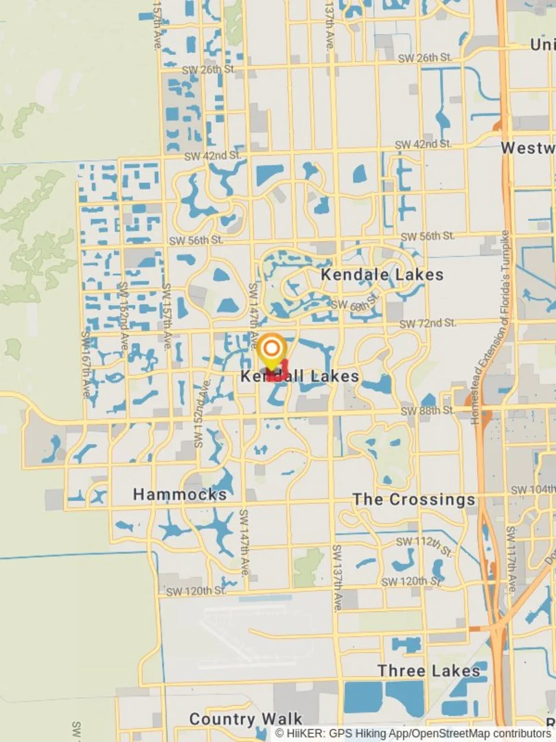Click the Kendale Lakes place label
pyautogui.click(x=382, y=275)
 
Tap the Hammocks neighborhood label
pyautogui.click(x=180, y=495)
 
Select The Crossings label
pyautogui.click(x=414, y=499)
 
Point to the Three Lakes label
pyautogui.click(x=428, y=671)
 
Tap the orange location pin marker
pyautogui.click(x=272, y=350)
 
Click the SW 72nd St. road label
pyautogui.click(x=428, y=322)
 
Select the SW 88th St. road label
pyautogui.click(x=428, y=410)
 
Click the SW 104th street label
pyautogui.click(x=533, y=489)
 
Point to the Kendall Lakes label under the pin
pyautogui.click(x=300, y=376)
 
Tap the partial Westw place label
pyautogui.click(x=527, y=148)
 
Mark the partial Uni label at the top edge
pyautogui.click(x=542, y=45)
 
